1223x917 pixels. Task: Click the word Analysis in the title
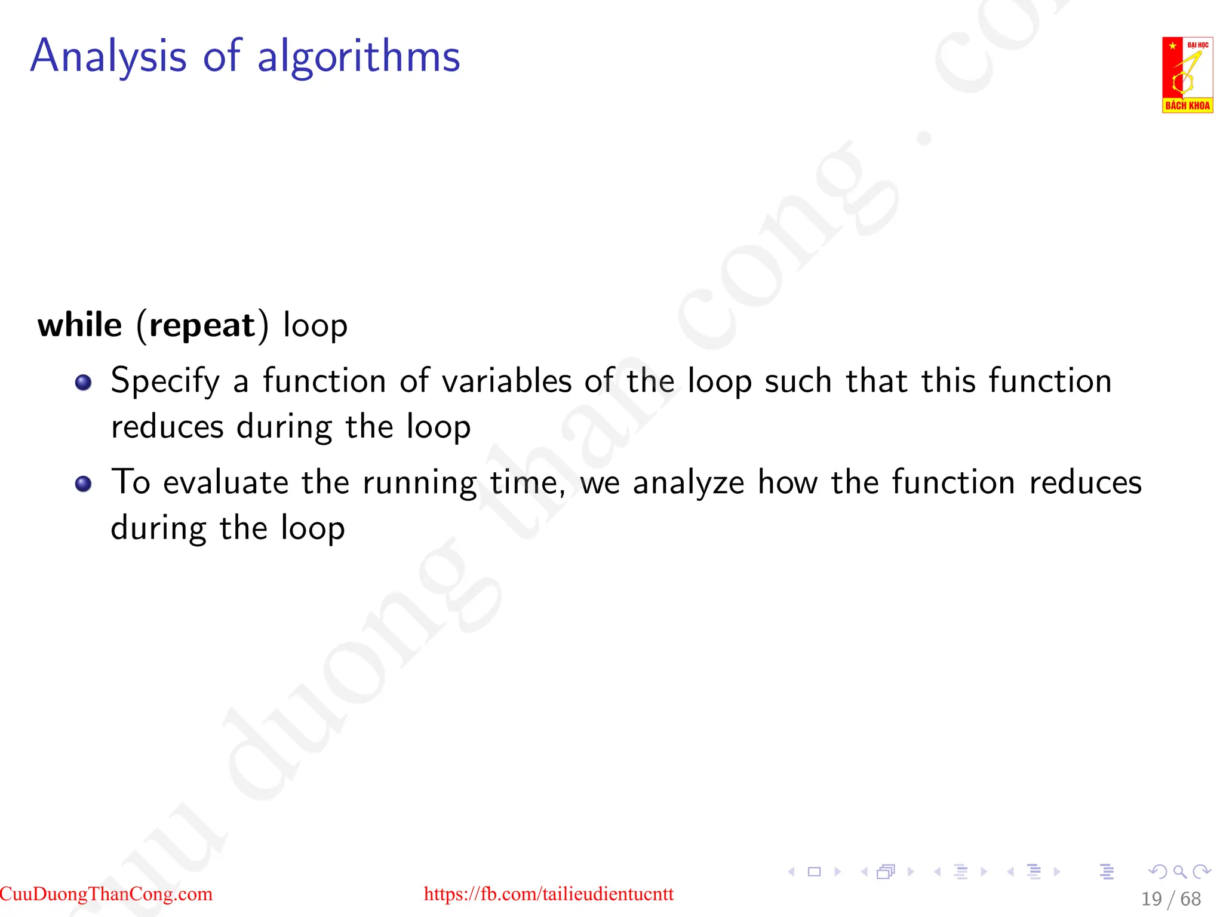[108, 56]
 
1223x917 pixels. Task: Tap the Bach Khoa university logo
[1187, 75]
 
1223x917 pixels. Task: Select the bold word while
[79, 325]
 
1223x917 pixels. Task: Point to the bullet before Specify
[84, 382]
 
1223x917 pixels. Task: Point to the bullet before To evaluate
[84, 484]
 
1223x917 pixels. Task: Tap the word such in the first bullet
[798, 381]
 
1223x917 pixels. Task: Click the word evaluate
[226, 482]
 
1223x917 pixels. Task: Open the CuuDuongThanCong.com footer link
[106, 894]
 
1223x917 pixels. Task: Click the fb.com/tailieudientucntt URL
[548, 894]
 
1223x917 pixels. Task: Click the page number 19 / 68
[1170, 898]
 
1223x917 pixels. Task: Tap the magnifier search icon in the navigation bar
[1179, 872]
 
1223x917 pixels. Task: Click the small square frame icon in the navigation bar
[814, 872]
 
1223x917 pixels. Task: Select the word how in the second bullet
[787, 482]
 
